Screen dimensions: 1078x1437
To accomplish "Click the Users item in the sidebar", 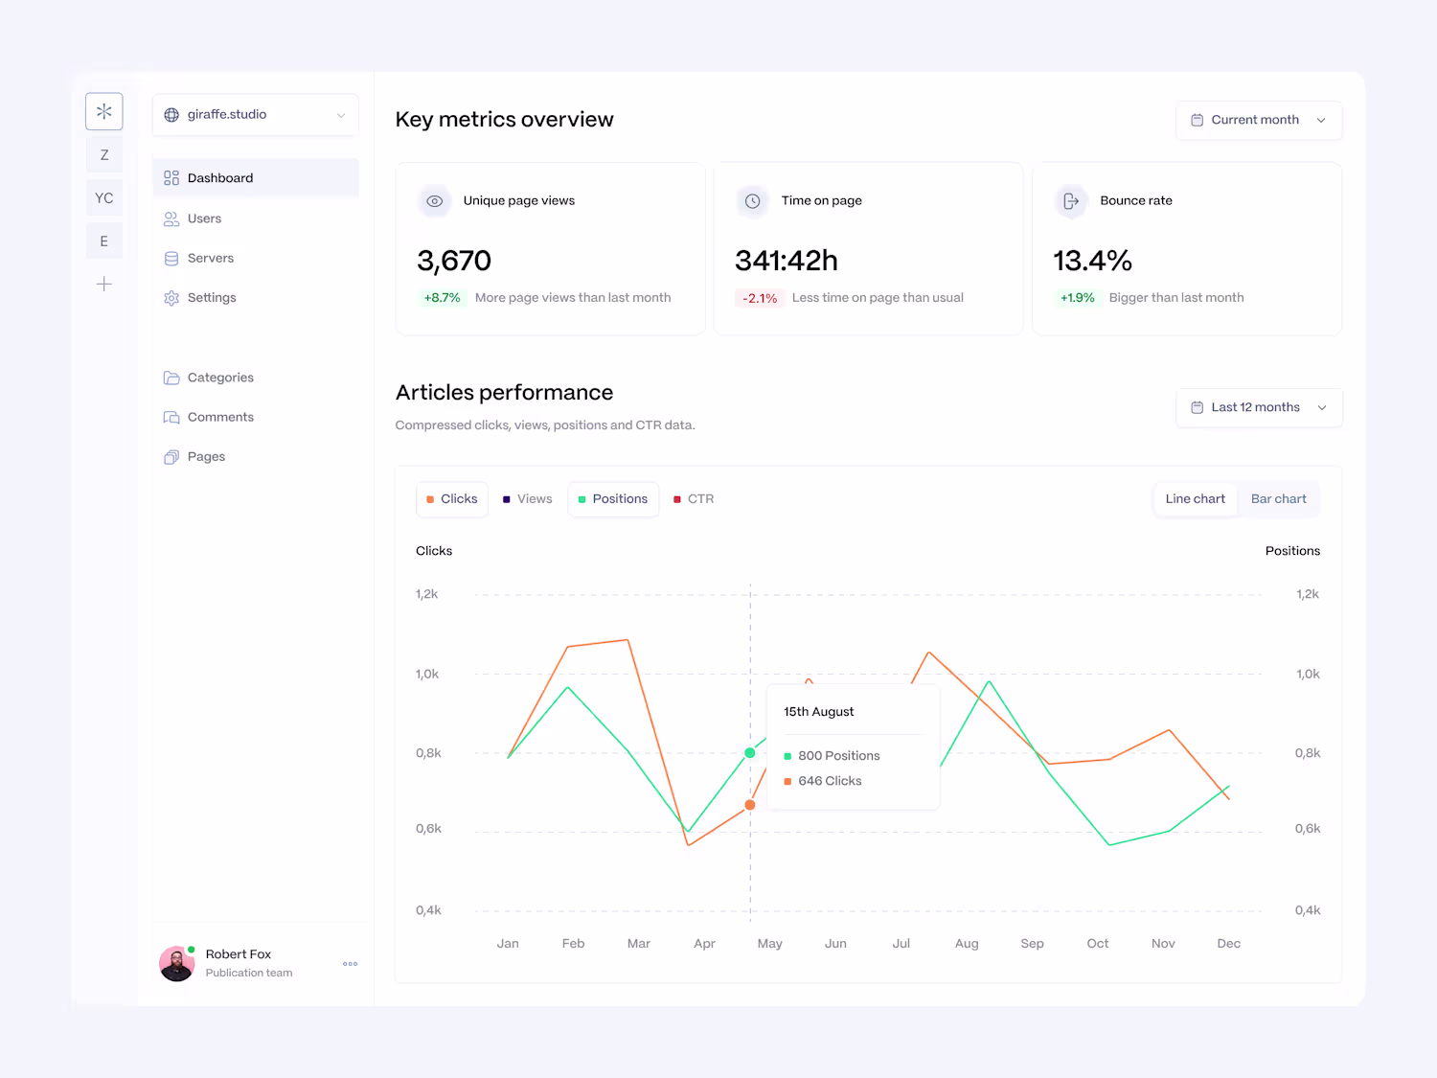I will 204,218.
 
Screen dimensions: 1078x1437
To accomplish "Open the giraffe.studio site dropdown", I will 255,115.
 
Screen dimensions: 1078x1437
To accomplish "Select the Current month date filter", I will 1258,120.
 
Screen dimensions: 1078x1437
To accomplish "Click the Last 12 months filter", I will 1258,407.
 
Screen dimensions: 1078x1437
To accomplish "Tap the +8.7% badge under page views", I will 442,298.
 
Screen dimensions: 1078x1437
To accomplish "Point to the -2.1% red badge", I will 760,298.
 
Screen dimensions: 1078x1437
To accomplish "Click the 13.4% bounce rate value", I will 1092,261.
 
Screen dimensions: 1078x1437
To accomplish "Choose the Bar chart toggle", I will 1278,499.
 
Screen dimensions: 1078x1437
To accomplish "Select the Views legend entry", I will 528,499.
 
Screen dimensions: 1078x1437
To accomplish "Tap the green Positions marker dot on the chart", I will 750,753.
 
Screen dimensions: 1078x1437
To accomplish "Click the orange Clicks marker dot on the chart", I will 750,805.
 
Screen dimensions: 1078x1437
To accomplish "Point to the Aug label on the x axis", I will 967,944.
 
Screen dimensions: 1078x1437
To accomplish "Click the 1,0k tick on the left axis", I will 427,675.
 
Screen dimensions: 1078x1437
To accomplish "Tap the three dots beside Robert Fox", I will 351,964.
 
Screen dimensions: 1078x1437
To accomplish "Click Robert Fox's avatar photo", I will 176,964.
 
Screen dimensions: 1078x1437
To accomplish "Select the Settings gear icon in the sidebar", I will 171,298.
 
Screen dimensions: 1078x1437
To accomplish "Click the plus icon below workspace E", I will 104,284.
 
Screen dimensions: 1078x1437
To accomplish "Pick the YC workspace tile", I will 104,198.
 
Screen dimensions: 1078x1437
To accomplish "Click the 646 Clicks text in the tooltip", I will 830,781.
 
